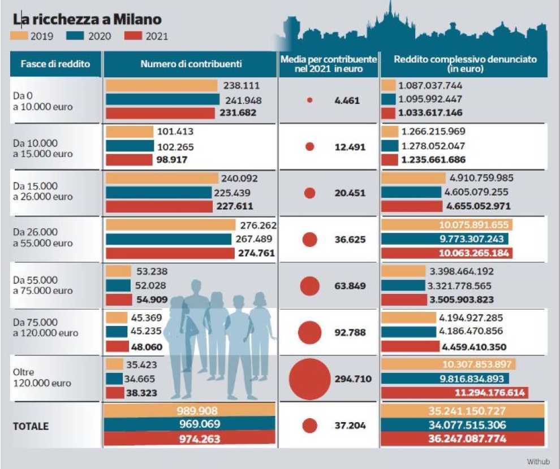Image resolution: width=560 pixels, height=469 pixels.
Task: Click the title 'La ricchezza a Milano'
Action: pyautogui.click(x=87, y=20)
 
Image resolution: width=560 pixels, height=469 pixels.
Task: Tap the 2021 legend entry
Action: pyautogui.click(x=135, y=37)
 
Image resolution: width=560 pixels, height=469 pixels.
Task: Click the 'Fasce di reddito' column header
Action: pyautogui.click(x=55, y=64)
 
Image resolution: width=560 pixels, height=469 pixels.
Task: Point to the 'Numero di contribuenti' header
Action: pyautogui.click(x=191, y=64)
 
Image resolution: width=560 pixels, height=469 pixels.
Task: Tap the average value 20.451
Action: pyautogui.click(x=350, y=193)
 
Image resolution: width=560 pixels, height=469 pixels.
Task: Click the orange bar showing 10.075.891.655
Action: pyautogui.click(x=446, y=224)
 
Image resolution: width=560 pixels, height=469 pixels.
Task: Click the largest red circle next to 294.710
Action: pyautogui.click(x=309, y=379)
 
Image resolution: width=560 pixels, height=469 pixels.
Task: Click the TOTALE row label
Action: pyautogui.click(x=31, y=426)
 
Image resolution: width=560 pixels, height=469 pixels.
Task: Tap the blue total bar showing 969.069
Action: pyautogui.click(x=190, y=424)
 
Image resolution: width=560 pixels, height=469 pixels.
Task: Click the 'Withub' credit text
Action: pyautogui.click(x=537, y=461)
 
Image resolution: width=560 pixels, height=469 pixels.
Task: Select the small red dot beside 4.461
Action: pyautogui.click(x=309, y=100)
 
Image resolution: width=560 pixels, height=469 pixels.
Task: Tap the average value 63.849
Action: pyautogui.click(x=350, y=286)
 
